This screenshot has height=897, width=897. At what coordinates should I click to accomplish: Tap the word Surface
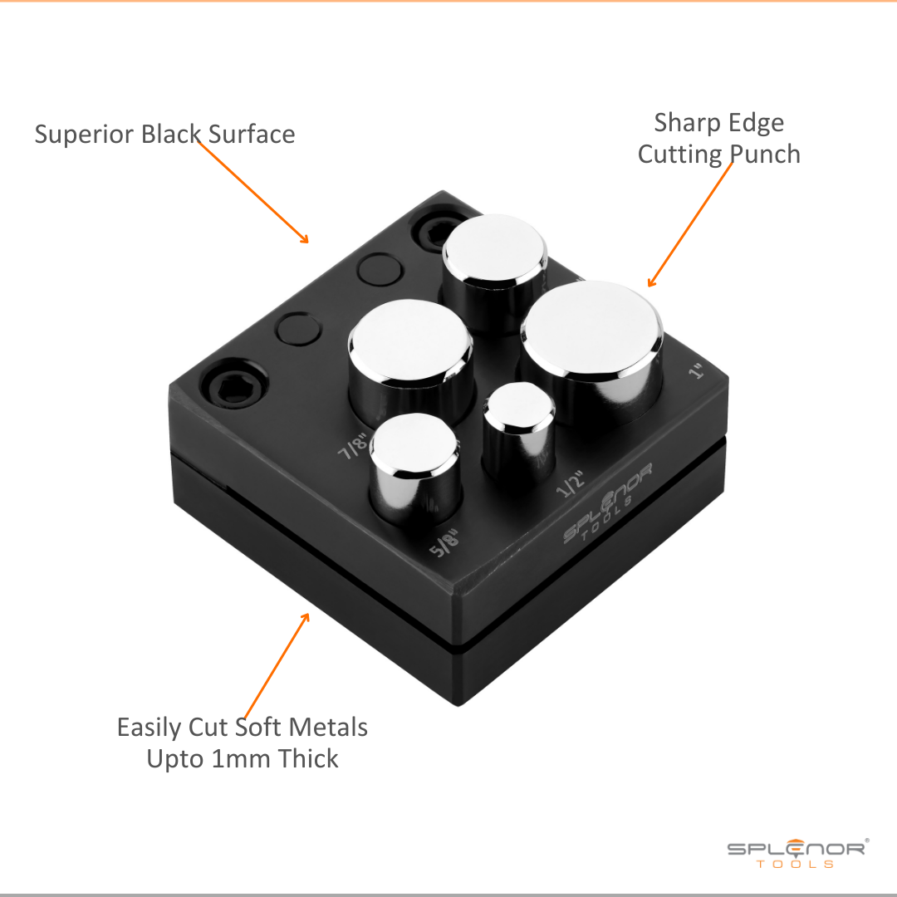251,135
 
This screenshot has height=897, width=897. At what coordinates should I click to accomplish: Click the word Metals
328,728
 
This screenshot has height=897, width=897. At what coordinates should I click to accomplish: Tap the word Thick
308,758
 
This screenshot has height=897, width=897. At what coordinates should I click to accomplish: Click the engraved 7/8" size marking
352,446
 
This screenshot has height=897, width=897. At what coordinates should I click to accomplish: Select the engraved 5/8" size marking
445,543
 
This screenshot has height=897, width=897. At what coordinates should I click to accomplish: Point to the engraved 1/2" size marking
571,484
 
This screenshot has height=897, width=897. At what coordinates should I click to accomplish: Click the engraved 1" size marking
696,371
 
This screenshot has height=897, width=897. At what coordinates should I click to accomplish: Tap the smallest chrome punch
519,432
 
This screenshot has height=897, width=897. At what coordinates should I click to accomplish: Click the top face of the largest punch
591,328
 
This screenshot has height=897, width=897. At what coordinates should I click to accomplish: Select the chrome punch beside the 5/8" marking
415,466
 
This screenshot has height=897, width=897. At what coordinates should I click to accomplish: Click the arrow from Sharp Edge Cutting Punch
690,224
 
